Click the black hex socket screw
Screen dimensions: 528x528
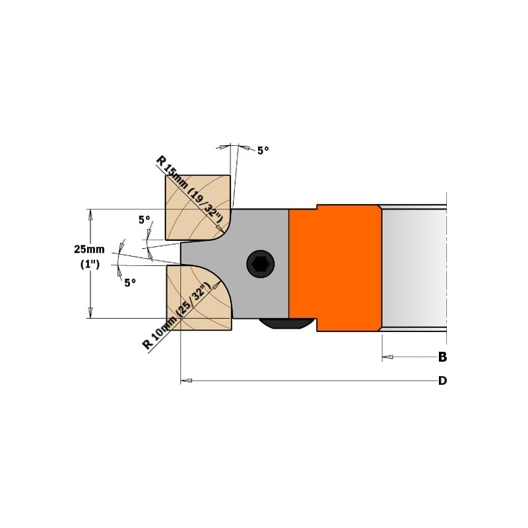pos(259,264)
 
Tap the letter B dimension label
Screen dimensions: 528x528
pos(442,357)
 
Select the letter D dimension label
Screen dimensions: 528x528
pos(442,381)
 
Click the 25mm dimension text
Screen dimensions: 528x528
pos(90,249)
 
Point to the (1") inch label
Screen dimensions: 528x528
pos(90,264)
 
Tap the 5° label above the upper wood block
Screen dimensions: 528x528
pos(263,150)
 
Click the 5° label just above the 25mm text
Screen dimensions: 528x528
pos(144,220)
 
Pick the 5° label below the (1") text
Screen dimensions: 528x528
pos(129,282)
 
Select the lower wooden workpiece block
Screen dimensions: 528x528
pos(195,300)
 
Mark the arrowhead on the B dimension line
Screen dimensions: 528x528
pos(387,357)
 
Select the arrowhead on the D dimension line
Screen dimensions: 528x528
pos(186,381)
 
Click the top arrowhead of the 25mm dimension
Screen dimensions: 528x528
pos(90,214)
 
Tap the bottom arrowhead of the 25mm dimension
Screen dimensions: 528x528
pos(90,314)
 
